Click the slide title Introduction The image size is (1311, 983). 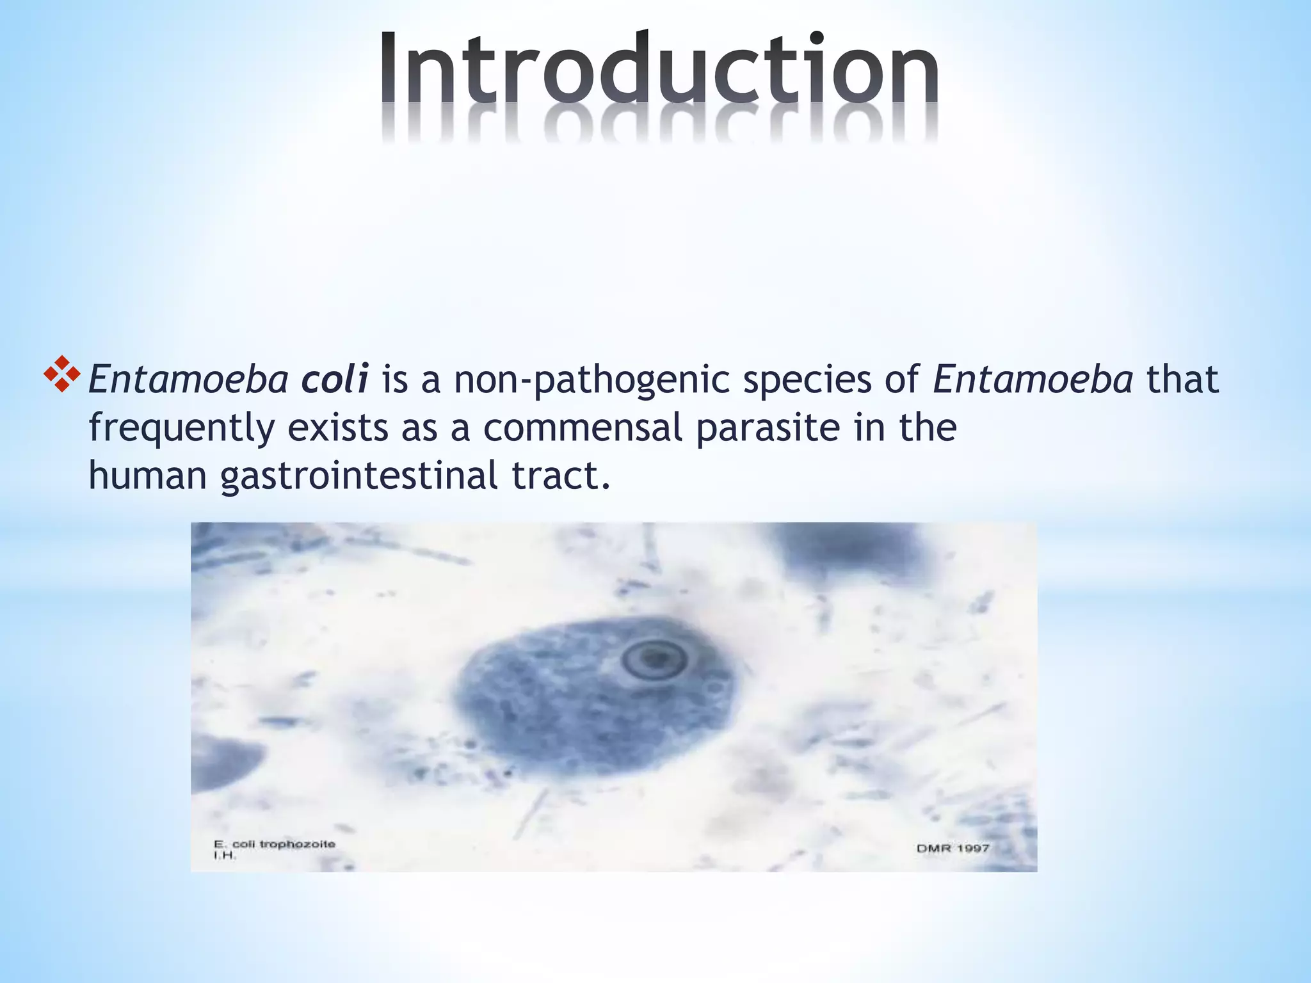click(x=659, y=70)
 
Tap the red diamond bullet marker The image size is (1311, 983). click(x=61, y=373)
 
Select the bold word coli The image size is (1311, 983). click(x=334, y=379)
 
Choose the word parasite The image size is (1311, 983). click(x=768, y=428)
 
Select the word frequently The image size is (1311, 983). click(x=182, y=429)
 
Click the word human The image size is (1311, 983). click(x=147, y=476)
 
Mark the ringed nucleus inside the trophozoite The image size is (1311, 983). click(x=654, y=659)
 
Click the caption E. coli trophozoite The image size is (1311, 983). click(x=275, y=844)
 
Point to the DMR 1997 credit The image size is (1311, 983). click(x=953, y=848)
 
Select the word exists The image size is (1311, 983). click(x=337, y=428)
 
